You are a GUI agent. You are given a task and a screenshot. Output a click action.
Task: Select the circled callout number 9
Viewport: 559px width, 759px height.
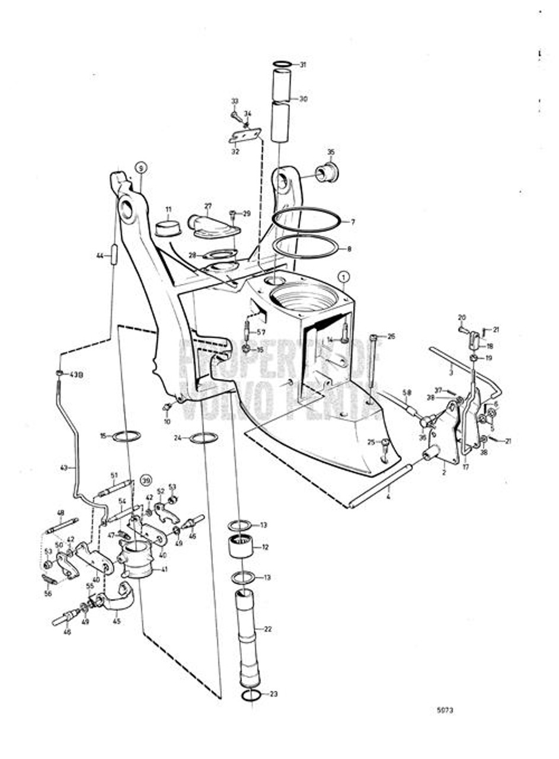[140, 167]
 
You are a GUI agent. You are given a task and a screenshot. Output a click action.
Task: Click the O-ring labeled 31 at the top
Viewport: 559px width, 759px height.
[282, 64]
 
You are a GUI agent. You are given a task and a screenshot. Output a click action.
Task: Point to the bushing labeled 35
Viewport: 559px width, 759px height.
[325, 172]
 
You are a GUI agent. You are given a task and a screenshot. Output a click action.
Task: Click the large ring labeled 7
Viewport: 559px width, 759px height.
[306, 219]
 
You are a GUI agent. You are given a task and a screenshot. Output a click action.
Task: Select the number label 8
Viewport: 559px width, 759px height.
[349, 249]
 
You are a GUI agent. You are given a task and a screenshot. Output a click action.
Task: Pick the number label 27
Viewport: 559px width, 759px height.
[208, 206]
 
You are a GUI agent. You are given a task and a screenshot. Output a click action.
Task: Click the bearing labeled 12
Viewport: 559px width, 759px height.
[241, 547]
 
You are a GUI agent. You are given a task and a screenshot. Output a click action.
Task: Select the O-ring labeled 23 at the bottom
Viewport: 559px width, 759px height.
[251, 694]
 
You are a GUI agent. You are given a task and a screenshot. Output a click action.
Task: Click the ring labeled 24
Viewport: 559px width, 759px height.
[203, 438]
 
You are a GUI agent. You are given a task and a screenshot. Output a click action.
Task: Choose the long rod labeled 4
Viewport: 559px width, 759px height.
[380, 487]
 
